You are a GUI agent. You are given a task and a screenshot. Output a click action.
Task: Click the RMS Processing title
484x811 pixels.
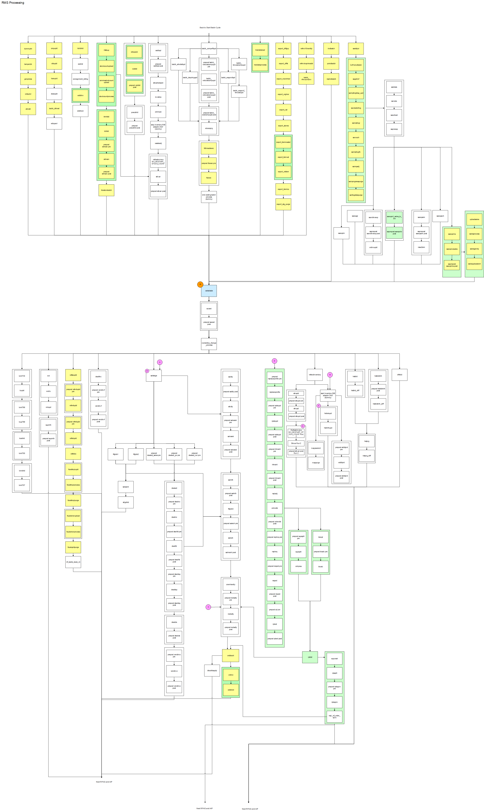[x=13, y=3]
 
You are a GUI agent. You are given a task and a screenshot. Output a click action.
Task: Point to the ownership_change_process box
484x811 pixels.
[x=209, y=344]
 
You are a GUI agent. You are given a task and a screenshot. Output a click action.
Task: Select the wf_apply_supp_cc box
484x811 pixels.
[x=73, y=562]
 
